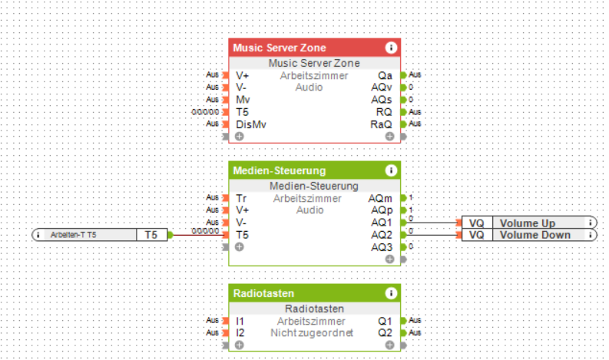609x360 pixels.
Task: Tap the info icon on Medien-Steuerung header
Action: tap(391, 170)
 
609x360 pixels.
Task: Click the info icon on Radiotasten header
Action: tap(391, 292)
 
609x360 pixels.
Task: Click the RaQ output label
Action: tap(381, 124)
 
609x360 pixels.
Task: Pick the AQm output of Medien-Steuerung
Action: tap(381, 198)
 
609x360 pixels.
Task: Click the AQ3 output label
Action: tap(381, 247)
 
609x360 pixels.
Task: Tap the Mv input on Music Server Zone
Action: tap(242, 100)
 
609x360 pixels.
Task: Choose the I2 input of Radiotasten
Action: tap(240, 333)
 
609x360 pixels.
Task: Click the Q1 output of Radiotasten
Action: tap(386, 321)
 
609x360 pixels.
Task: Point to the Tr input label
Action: tap(241, 198)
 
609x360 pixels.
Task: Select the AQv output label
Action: tap(382, 88)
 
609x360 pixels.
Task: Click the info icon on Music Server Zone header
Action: tap(391, 48)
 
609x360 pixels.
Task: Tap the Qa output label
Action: tap(385, 75)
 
